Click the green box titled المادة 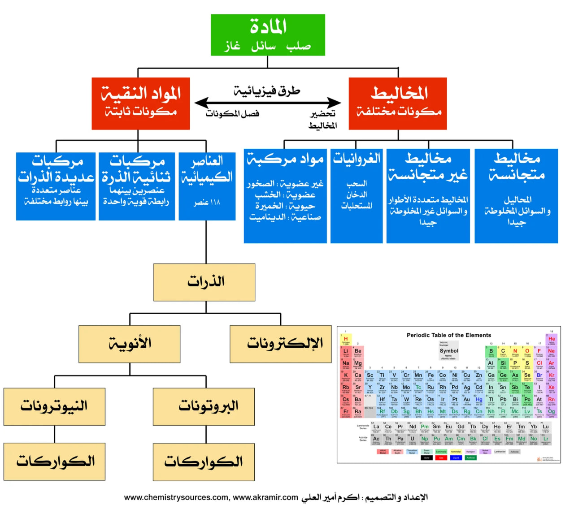(x=268, y=35)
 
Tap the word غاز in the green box (x=232, y=46)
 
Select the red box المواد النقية (x=141, y=104)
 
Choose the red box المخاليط (x=398, y=104)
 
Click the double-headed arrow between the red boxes (x=268, y=103)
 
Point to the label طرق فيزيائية (x=267, y=91)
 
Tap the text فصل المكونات (x=232, y=113)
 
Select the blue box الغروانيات (x=357, y=196)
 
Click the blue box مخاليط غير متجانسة (x=428, y=196)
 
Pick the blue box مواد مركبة (x=285, y=196)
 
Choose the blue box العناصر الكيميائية (x=207, y=186)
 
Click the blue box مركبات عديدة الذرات (x=56, y=186)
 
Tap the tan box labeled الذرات (x=204, y=282)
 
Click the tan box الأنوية (x=130, y=344)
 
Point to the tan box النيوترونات (x=55, y=406)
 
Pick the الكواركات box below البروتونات (x=204, y=462)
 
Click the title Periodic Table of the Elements (x=448, y=335)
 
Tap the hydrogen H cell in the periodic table (x=346, y=340)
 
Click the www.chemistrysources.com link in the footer (x=176, y=497)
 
